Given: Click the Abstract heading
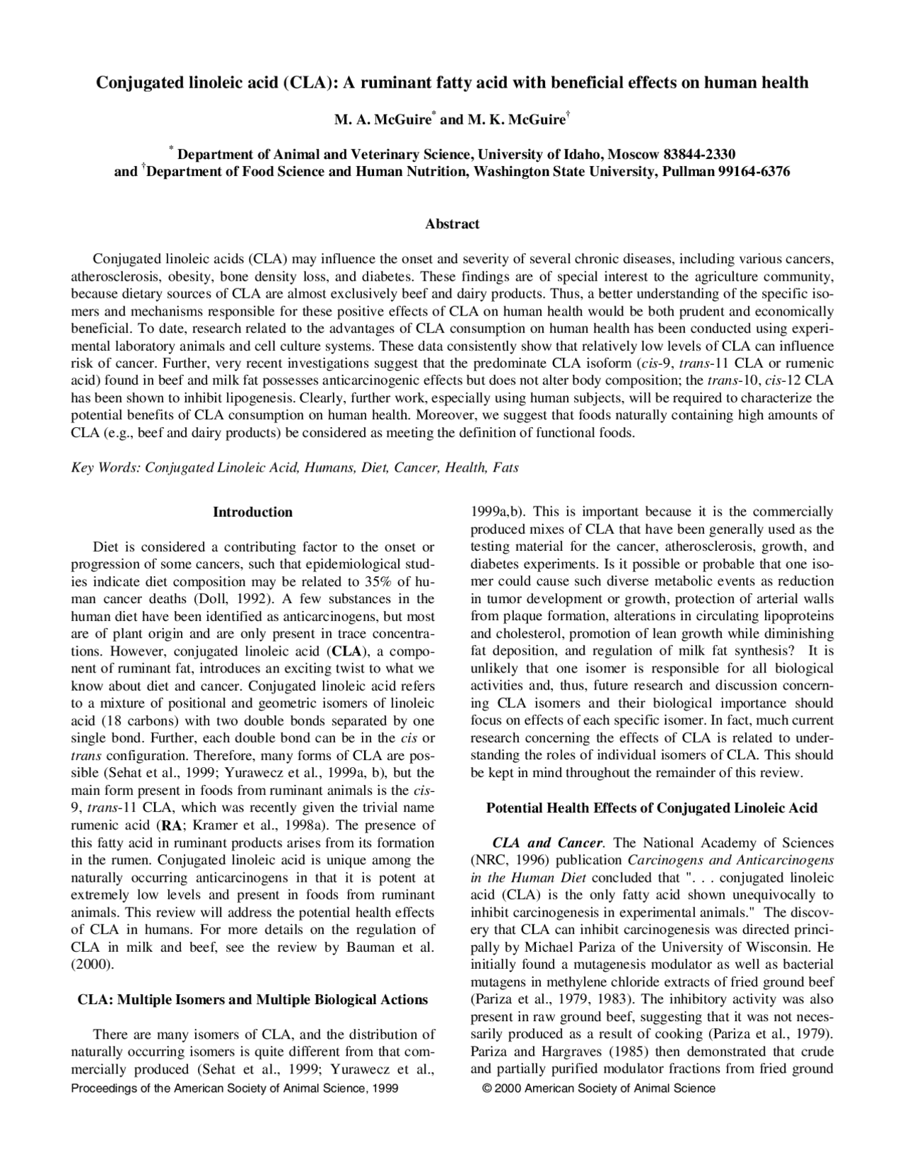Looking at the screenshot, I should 452,224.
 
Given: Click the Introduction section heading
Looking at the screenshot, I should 252,512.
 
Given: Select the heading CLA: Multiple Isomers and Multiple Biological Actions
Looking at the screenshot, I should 252,1000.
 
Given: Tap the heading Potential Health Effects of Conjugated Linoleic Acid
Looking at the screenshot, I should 652,808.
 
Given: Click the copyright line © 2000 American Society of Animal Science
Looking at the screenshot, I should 598,1088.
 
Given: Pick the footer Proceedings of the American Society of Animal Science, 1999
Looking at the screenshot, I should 235,1088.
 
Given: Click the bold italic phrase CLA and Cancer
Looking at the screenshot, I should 548,843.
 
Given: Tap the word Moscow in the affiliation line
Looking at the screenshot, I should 630,154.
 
